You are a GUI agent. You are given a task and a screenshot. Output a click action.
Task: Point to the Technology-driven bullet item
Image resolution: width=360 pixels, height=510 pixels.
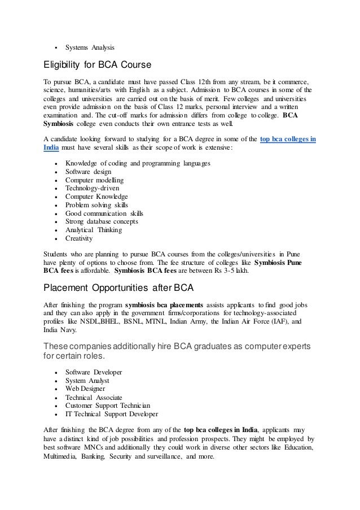click(92, 188)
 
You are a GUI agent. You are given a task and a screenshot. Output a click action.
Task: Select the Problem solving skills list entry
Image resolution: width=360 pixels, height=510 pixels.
click(96, 205)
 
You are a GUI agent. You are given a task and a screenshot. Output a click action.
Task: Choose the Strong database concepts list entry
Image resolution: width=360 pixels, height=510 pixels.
click(102, 221)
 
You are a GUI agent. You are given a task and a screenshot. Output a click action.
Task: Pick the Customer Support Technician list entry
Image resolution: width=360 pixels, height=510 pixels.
click(107, 406)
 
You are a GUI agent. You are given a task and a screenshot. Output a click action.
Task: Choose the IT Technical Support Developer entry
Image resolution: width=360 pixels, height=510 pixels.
click(112, 414)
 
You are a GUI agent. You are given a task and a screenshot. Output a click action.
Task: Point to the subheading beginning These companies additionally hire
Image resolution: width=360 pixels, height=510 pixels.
click(179, 350)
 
